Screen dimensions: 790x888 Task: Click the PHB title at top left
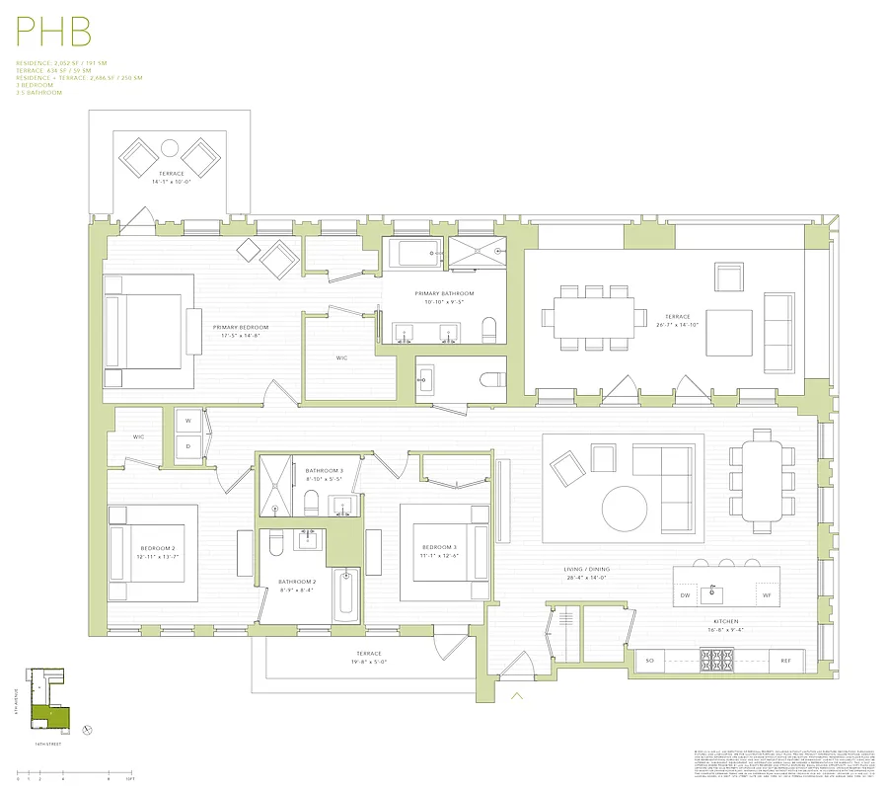tap(54, 32)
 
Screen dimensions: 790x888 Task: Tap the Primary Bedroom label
tap(240, 327)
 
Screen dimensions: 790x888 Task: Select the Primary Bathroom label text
tap(444, 293)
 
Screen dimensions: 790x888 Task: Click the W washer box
tap(188, 421)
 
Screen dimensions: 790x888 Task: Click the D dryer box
tap(188, 447)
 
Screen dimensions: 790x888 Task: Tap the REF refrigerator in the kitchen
tap(785, 660)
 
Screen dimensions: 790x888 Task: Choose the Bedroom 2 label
tap(158, 548)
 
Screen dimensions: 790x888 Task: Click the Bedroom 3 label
tap(440, 547)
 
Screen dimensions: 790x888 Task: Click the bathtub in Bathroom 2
tap(346, 595)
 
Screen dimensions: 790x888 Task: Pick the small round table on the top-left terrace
tap(170, 149)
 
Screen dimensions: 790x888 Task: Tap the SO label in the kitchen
tap(649, 660)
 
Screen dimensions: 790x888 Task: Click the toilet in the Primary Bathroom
tap(488, 328)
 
